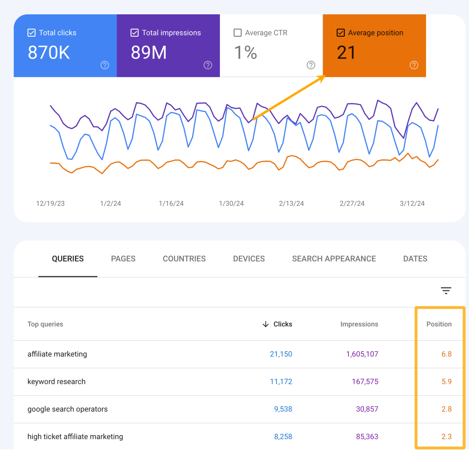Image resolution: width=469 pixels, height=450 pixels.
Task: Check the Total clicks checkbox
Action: [31, 33]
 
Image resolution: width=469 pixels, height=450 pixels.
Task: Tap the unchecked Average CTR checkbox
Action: [238, 33]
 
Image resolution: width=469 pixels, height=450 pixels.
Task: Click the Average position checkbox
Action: [340, 33]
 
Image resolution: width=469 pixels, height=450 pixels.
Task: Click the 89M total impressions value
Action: [149, 52]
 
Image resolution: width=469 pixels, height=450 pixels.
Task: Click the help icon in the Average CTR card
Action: [311, 65]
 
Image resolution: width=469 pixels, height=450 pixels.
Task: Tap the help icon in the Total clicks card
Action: [105, 65]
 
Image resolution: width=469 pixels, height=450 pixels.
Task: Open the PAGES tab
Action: [123, 259]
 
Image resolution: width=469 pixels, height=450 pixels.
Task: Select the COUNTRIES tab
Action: [184, 259]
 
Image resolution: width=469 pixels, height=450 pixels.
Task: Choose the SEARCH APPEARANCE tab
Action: [334, 259]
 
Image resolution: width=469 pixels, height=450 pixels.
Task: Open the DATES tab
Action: [415, 259]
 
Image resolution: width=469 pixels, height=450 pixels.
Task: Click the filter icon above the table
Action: [446, 290]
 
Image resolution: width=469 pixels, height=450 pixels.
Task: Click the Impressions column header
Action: [359, 324]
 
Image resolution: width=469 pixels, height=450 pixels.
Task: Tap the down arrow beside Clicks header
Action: [266, 324]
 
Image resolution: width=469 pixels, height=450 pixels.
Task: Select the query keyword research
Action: [56, 382]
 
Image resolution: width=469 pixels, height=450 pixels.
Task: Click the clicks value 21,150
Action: [281, 354]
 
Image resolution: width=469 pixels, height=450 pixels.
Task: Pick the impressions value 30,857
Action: [367, 409]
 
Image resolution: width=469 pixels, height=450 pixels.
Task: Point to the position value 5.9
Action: [446, 382]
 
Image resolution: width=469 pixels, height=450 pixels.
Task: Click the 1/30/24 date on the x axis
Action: [231, 204]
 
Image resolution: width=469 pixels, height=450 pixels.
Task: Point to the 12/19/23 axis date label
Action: [50, 204]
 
